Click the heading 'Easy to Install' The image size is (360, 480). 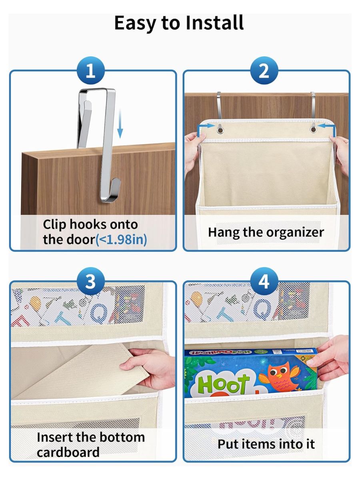[179, 23]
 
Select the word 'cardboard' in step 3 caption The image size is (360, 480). [68, 452]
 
